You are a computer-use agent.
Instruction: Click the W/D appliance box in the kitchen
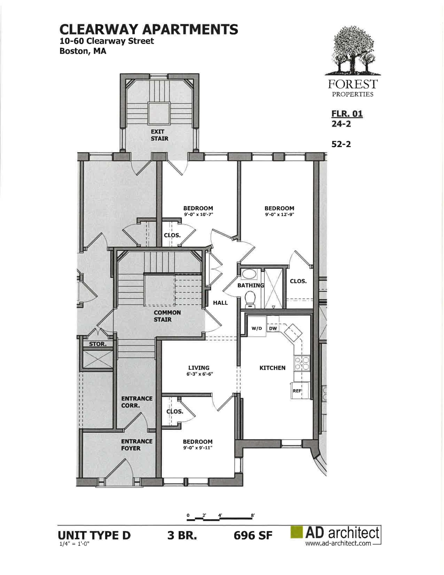(x=256, y=328)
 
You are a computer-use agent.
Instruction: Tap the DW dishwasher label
(x=273, y=328)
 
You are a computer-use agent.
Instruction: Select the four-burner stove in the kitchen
(x=302, y=363)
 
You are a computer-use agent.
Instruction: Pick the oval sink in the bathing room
(x=249, y=274)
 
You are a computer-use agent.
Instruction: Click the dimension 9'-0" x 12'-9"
(x=279, y=215)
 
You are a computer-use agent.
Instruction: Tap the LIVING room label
(x=199, y=368)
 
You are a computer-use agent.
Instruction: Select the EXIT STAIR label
(x=159, y=135)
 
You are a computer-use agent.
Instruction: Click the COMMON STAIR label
(x=167, y=316)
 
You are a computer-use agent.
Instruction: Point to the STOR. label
(x=98, y=344)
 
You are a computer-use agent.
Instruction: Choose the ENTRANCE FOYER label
(x=137, y=445)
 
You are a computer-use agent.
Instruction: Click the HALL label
(x=220, y=303)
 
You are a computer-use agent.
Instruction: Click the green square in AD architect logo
(x=296, y=533)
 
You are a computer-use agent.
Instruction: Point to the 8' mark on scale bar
(x=253, y=515)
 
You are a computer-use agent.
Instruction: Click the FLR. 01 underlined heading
(x=347, y=114)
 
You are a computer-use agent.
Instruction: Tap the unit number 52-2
(x=341, y=144)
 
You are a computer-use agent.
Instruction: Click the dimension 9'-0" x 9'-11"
(x=198, y=448)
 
